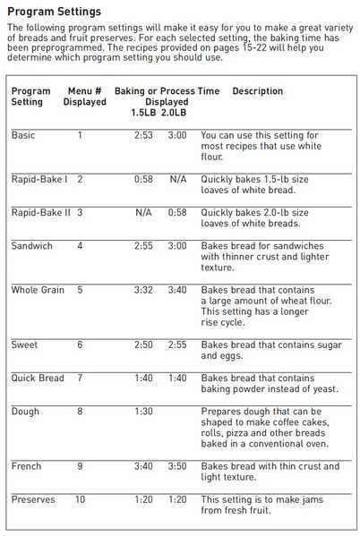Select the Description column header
point(257,91)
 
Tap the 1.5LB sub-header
point(143,113)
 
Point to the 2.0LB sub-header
point(175,113)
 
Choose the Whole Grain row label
point(37,290)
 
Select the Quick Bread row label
point(38,379)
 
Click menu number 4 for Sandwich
point(80,245)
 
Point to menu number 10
point(80,498)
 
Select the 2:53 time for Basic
point(143,135)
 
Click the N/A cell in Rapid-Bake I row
point(177,179)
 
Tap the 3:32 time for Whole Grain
point(143,290)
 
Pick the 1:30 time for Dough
point(143,411)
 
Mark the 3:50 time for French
point(177,466)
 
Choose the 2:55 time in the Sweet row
point(177,345)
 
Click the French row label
point(27,466)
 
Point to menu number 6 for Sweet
point(80,345)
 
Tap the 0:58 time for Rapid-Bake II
point(177,212)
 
